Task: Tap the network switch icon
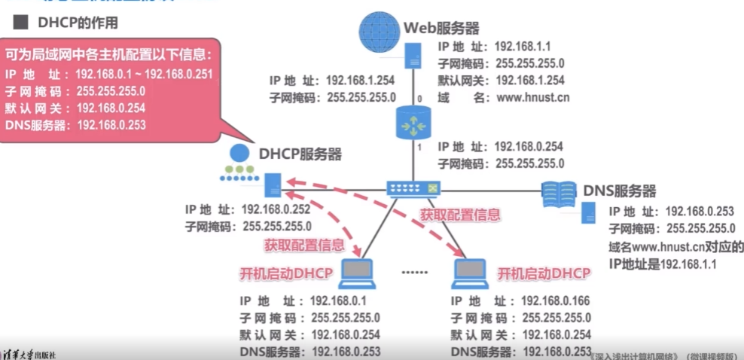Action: tap(413, 188)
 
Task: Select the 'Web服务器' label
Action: tap(441, 29)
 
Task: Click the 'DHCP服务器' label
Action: tap(300, 154)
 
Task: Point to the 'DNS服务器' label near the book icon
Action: tap(619, 191)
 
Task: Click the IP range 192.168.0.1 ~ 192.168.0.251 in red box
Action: tap(146, 74)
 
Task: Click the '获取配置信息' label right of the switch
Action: tap(459, 215)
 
